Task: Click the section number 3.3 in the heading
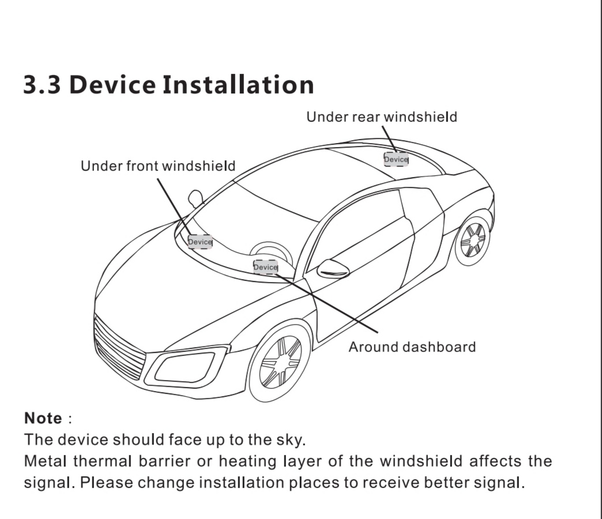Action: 42,84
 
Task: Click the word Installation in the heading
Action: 238,84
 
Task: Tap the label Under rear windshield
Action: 382,117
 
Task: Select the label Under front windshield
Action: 158,166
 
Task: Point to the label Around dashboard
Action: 412,347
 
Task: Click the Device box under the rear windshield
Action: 396,159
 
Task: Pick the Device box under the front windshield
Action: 200,242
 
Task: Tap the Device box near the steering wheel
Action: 266,267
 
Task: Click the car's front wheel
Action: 280,363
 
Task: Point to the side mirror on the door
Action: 333,269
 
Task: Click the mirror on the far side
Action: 195,198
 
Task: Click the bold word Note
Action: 43,418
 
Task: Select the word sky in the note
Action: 291,440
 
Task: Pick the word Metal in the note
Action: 46,461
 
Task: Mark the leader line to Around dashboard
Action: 327,303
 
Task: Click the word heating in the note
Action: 247,461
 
